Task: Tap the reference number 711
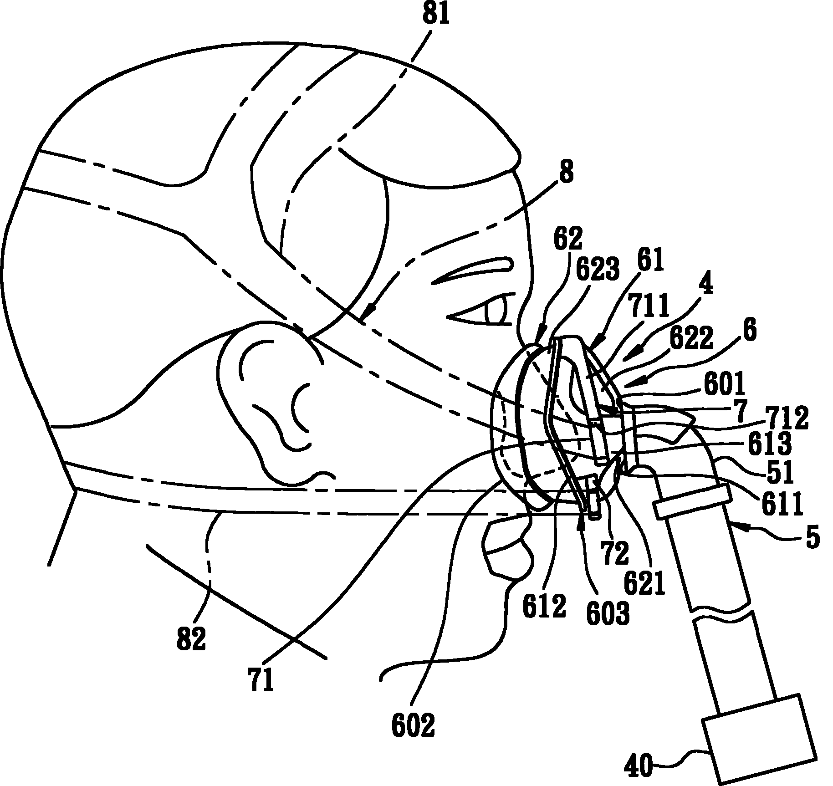tap(648, 306)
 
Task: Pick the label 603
tap(608, 612)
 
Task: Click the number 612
tap(544, 606)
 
